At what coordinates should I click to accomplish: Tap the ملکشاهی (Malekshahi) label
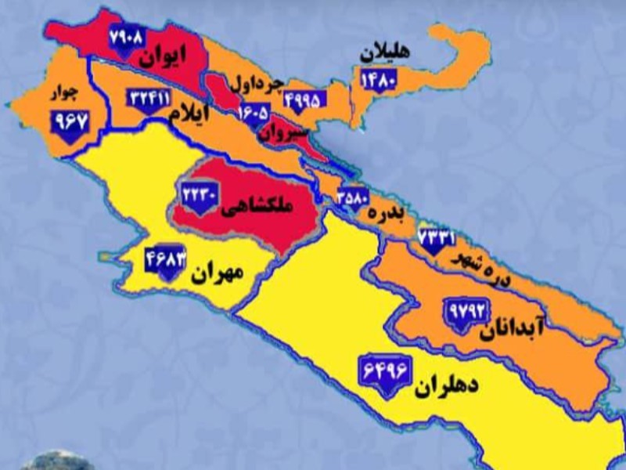click(x=257, y=206)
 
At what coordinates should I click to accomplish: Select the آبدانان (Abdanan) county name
click(x=509, y=324)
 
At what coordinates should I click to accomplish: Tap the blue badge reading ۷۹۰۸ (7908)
click(x=127, y=38)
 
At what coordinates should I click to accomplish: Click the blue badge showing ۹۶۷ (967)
click(x=70, y=121)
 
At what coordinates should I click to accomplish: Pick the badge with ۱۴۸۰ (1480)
click(x=380, y=79)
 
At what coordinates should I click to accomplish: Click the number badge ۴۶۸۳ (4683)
click(x=165, y=258)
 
